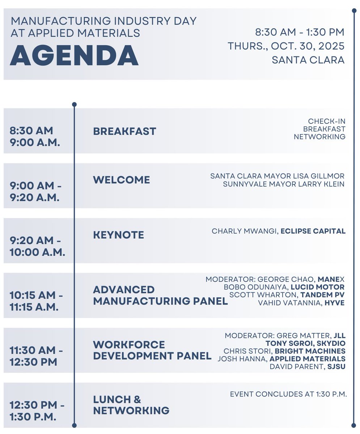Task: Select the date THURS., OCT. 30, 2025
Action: (286, 46)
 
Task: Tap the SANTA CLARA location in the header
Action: (308, 60)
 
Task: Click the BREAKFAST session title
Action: (124, 131)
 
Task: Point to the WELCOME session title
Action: (122, 180)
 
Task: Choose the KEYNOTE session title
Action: (119, 235)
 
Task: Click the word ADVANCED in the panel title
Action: (124, 290)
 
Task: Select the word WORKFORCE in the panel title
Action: (129, 345)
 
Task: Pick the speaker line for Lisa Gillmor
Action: (278, 176)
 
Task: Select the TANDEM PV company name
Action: (322, 295)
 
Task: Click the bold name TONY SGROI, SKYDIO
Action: (305, 343)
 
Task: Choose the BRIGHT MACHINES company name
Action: (310, 351)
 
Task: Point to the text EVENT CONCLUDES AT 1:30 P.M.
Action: (288, 394)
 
